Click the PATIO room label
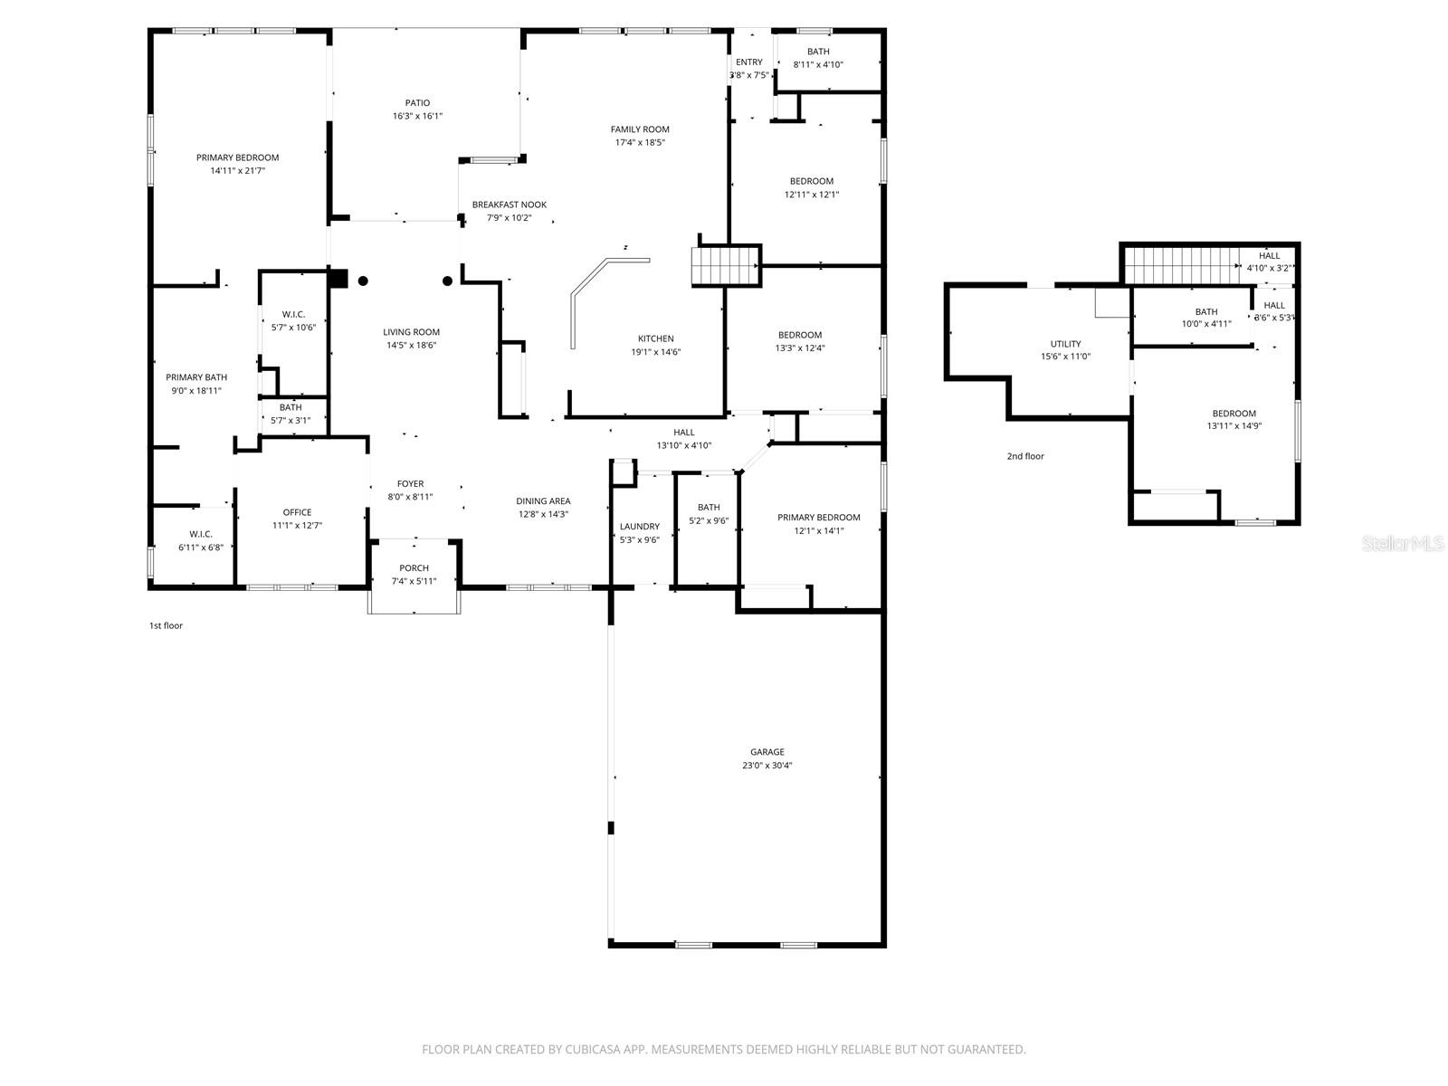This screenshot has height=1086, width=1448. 417,103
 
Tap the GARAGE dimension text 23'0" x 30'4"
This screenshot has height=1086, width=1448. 767,766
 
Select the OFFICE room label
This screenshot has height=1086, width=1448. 297,512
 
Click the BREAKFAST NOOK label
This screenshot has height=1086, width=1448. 509,205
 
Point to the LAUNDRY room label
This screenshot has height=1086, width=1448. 639,527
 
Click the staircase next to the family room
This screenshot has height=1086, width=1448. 725,266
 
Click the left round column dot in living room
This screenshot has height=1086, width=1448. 363,281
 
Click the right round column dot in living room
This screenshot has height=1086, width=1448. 447,281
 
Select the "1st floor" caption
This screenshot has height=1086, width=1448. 166,625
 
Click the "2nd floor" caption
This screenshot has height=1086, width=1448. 1025,456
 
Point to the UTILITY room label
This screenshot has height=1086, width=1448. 1065,344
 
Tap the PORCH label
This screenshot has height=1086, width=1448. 414,568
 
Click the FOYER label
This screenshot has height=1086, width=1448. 410,484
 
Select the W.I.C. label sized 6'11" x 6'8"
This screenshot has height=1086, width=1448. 200,534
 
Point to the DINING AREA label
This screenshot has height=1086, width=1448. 543,501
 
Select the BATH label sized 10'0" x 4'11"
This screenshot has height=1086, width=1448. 1205,311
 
